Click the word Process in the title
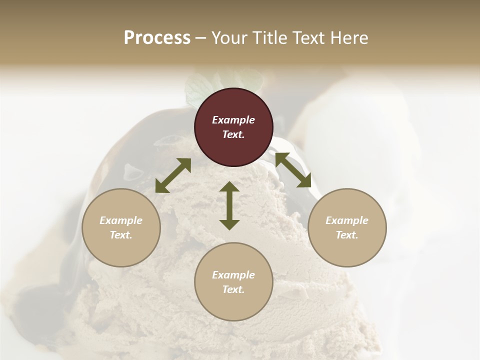pos(157,38)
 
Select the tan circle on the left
pos(121,227)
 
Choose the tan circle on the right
pos(347,227)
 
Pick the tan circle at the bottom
pos(233,282)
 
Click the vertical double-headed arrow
pos(229,205)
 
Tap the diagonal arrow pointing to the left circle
pos(173,175)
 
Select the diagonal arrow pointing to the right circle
pos(293,170)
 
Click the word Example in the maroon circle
pos(233,120)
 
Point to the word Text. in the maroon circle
pos(233,134)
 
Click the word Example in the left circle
pos(121,220)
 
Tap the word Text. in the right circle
pos(347,235)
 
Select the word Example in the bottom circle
pos(233,275)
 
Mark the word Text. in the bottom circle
pos(233,289)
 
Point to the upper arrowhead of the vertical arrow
pos(229,187)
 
